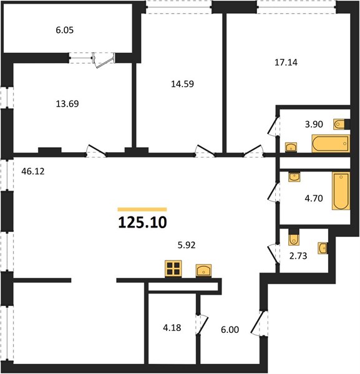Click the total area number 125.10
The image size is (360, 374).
point(142,223)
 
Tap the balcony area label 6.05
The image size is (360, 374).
point(65,31)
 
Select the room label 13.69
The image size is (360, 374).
point(67,103)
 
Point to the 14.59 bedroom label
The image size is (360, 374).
point(182,84)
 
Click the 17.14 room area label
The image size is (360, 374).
point(286,62)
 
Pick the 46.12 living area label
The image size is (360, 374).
point(33,171)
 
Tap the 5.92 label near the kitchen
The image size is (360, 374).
point(187,245)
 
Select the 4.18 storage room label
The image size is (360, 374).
point(172,328)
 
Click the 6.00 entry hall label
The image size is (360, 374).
point(230,330)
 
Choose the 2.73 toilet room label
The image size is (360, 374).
point(298,256)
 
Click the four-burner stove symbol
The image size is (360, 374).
point(173,269)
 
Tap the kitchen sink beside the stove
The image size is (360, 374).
point(203,271)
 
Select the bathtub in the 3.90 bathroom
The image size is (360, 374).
point(331,143)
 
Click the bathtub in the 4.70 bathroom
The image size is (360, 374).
point(341,191)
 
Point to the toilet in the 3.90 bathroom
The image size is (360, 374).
point(339,125)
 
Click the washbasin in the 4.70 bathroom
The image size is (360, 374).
point(294,177)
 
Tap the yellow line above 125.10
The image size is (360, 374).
point(142,209)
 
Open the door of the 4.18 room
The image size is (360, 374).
point(202,325)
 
